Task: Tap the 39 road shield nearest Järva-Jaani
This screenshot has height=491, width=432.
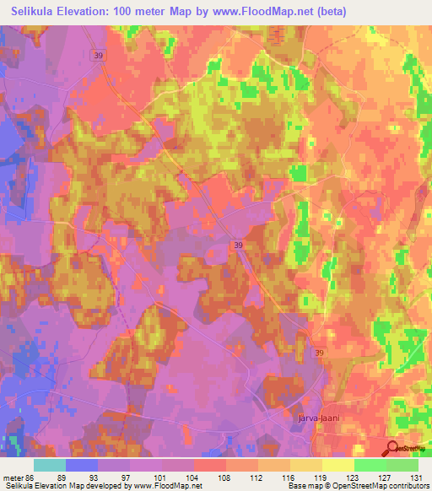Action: click(318, 353)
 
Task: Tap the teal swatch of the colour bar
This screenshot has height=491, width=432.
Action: click(50, 464)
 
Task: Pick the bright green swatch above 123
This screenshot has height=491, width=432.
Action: click(370, 464)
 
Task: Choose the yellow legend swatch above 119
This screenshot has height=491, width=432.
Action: click(337, 464)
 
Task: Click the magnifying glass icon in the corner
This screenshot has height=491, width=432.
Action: click(392, 448)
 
